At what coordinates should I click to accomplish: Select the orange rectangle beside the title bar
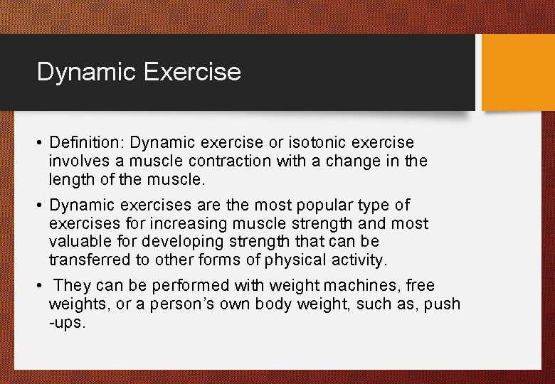(517, 73)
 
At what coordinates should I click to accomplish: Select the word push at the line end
(443, 304)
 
